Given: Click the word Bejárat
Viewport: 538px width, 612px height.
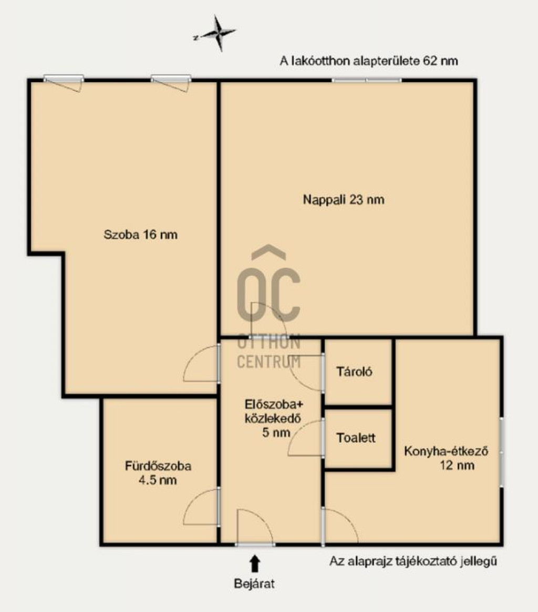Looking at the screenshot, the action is pyautogui.click(x=254, y=584).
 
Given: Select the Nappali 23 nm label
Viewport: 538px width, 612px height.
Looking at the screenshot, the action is pyautogui.click(x=344, y=200).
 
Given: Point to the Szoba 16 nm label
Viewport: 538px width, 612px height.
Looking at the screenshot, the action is pyautogui.click(x=140, y=235).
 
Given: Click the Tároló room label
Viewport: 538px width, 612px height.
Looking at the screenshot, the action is pyautogui.click(x=354, y=371).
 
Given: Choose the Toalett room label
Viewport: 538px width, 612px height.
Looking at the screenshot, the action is pyautogui.click(x=356, y=437).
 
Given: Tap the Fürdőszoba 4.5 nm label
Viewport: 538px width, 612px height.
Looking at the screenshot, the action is pyautogui.click(x=158, y=473).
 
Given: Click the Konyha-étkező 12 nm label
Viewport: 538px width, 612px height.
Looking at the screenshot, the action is pyautogui.click(x=446, y=458).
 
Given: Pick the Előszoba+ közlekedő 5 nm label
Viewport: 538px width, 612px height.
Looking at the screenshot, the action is pyautogui.click(x=273, y=418).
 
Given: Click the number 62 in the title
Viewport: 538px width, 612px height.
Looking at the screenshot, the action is pyautogui.click(x=430, y=61).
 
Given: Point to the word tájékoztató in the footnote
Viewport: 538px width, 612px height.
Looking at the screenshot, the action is pyautogui.click(x=426, y=561).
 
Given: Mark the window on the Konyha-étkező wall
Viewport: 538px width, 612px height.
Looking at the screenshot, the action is pyautogui.click(x=502, y=452).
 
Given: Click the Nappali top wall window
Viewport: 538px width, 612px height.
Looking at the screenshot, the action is pyautogui.click(x=367, y=81).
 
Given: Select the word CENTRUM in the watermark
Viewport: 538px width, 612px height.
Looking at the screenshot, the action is pyautogui.click(x=269, y=362).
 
